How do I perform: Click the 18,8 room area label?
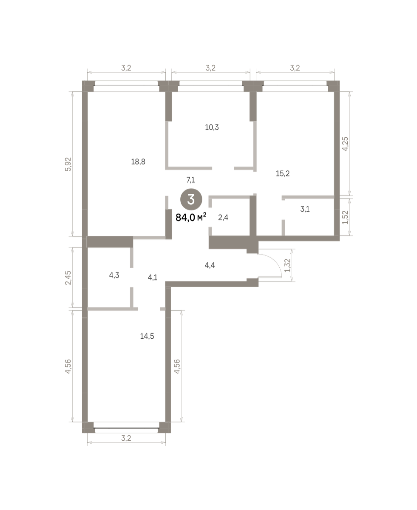tap(138, 161)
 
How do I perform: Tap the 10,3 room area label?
tap(212, 127)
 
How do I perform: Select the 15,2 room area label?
tap(283, 173)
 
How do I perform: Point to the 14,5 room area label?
tap(147, 336)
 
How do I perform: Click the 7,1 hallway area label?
tap(190, 180)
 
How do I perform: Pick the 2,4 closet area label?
tap(223, 218)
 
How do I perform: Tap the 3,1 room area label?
tap(305, 209)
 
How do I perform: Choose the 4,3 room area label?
tap(114, 275)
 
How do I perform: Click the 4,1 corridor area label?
tap(153, 278)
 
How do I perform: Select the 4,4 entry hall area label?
tap(210, 265)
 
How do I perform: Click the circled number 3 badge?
tap(191, 199)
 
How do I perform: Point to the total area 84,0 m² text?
tap(191, 217)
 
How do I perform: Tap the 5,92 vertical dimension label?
tap(68, 164)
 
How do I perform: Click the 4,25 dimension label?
tap(346, 144)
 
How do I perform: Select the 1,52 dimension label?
tap(346, 217)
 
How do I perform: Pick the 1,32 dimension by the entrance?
tap(287, 265)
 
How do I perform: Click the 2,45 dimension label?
tap(68, 278)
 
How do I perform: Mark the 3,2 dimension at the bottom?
tap(126, 438)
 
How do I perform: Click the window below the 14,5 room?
tap(126, 428)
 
